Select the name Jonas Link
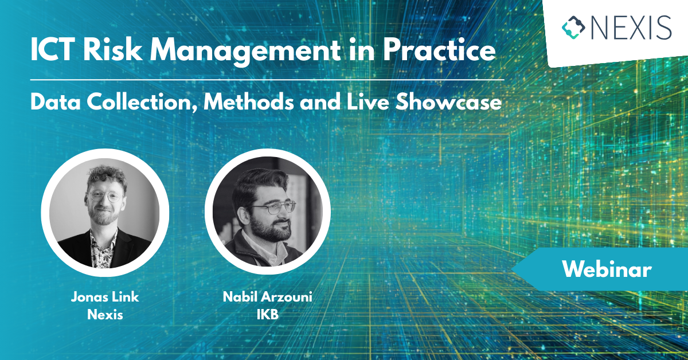pos(105,298)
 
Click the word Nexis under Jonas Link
pos(105,315)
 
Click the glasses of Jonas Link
pos(107,197)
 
